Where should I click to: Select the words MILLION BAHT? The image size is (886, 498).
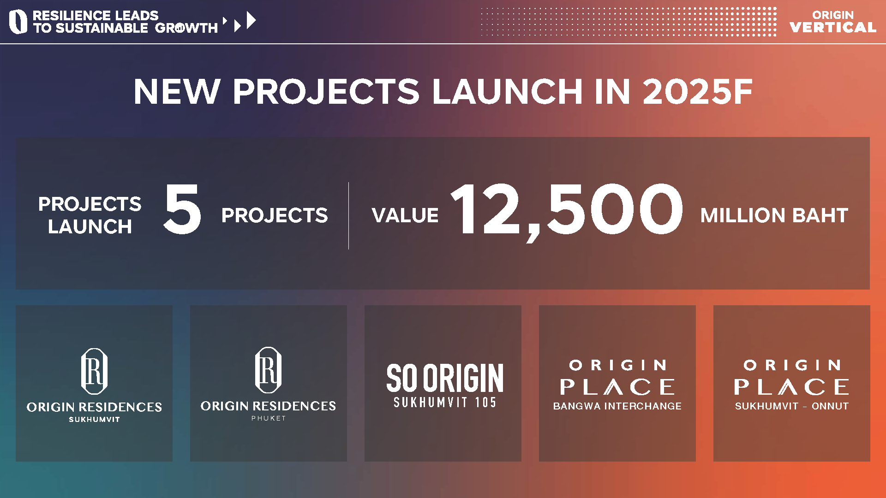[774, 215]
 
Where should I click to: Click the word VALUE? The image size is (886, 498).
[405, 215]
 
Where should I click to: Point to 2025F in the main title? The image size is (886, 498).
[697, 91]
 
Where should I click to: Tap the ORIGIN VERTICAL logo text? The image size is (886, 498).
[833, 22]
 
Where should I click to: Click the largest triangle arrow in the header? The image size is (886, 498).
[251, 21]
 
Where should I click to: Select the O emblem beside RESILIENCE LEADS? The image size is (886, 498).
[18, 22]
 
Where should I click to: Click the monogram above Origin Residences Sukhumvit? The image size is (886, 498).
[94, 371]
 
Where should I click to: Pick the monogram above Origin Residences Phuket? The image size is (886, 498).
[268, 370]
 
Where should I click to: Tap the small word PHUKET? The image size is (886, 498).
[269, 418]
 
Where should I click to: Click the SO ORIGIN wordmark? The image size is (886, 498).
[445, 378]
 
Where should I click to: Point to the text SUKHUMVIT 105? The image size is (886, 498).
[445, 403]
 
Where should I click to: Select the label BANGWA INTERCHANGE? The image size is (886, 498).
[617, 406]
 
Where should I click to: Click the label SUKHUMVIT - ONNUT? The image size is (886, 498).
[792, 406]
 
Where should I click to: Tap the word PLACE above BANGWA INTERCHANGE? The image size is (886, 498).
[617, 387]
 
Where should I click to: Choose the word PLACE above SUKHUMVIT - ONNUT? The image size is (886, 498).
[792, 387]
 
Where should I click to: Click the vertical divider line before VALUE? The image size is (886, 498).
[348, 215]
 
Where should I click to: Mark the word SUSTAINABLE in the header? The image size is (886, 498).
[102, 28]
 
